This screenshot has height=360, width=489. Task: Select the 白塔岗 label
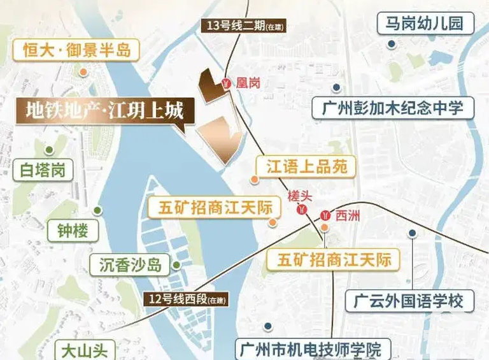43,170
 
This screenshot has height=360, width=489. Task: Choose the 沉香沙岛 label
130,265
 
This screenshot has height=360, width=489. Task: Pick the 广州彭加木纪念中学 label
393,107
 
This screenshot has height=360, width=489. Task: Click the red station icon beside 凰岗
226,83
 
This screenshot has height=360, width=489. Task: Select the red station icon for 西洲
326,215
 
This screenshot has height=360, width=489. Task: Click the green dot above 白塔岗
48,150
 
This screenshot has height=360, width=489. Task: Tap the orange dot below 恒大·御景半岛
83,73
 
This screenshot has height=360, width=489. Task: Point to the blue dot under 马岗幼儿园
393,44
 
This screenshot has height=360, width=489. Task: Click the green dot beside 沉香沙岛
176,265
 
